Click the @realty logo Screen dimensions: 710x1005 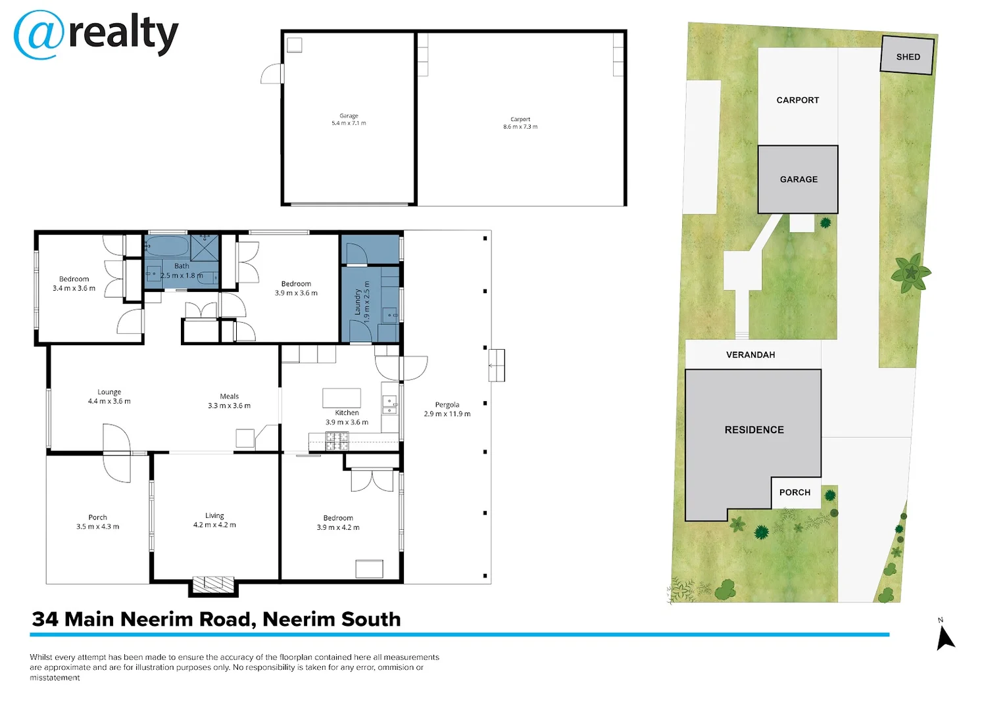click(96, 35)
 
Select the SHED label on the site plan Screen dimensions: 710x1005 click(908, 57)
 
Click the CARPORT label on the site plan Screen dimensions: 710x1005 click(797, 100)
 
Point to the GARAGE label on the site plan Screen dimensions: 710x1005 click(798, 179)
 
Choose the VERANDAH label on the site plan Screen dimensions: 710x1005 click(750, 354)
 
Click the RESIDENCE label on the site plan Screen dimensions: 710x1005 click(754, 429)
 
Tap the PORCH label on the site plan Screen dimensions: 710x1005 click(795, 492)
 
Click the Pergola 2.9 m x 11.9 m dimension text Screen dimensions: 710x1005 click(447, 410)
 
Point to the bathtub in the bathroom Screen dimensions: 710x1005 click(167, 247)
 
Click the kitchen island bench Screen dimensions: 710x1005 click(341, 398)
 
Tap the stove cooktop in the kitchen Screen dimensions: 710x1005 click(337, 441)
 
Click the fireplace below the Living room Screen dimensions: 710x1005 click(213, 584)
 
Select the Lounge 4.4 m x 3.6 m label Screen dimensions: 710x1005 click(109, 396)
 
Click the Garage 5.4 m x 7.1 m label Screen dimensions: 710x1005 click(349, 119)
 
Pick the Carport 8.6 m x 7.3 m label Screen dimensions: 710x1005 click(520, 123)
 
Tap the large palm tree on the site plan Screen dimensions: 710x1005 click(910, 273)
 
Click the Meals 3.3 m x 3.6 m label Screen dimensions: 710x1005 click(229, 401)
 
